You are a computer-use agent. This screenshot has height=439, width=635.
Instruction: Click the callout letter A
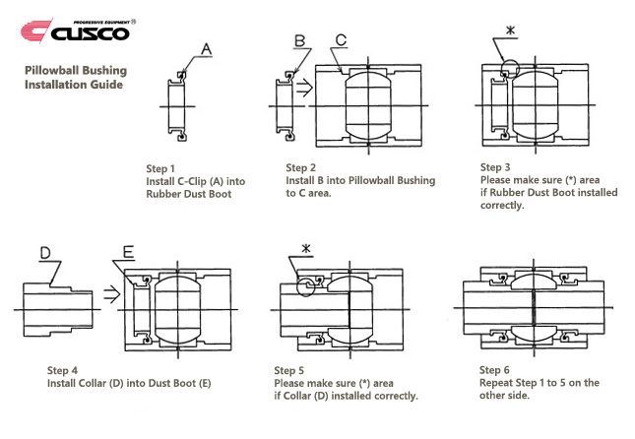pyautogui.click(x=207, y=49)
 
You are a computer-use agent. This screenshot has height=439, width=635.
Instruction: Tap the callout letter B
pyautogui.click(x=299, y=41)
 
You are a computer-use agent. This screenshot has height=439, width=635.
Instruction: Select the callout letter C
pyautogui.click(x=341, y=40)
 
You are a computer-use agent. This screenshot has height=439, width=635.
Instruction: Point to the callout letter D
pyautogui.click(x=45, y=253)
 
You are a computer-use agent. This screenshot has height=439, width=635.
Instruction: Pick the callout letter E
pyautogui.click(x=128, y=252)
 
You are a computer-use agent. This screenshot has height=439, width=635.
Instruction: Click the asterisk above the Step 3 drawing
pyautogui.click(x=511, y=31)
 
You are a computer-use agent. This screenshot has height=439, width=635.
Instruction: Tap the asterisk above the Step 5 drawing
pyautogui.click(x=306, y=249)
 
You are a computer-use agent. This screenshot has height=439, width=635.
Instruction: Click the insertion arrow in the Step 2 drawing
pyautogui.click(x=304, y=88)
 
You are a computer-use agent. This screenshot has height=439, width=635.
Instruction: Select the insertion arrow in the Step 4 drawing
pyautogui.click(x=112, y=294)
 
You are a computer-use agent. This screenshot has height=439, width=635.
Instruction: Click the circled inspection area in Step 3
pyautogui.click(x=510, y=61)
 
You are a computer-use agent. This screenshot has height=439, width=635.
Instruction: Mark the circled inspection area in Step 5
pyautogui.click(x=297, y=286)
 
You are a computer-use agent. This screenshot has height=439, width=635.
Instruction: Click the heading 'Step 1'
pyautogui.click(x=160, y=169)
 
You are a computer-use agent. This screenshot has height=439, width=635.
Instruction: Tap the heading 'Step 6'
pyautogui.click(x=494, y=370)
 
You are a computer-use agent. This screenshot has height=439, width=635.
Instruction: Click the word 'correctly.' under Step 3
pyautogui.click(x=502, y=206)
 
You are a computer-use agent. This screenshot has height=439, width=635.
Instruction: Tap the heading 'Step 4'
pyautogui.click(x=62, y=370)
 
